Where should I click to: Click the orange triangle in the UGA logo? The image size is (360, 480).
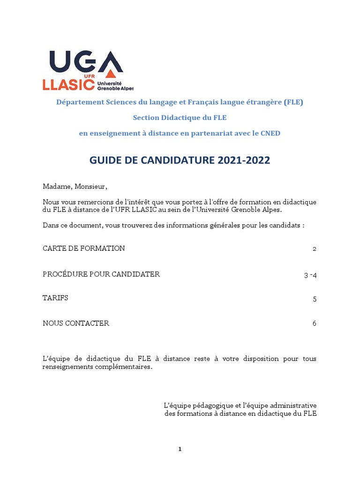coord(110,74)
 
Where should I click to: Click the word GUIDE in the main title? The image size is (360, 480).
coord(104,160)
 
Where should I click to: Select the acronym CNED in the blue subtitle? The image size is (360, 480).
coord(270,134)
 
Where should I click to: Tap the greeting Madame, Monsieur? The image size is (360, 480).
coord(75,187)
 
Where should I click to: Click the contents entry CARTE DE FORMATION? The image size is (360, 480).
coord(84,248)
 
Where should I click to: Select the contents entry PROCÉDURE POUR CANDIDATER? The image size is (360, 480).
coord(101,274)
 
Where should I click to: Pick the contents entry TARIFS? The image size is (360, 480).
coord(55,298)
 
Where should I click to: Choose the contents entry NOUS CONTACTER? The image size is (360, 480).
coord(76,323)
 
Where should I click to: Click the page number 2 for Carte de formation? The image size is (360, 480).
coord(315,249)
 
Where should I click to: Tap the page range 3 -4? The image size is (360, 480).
coord(310,275)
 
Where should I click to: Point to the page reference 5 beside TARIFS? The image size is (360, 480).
coord(315,299)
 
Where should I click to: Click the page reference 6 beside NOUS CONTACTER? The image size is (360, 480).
coord(315,323)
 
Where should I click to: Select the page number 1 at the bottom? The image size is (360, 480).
coord(180,449)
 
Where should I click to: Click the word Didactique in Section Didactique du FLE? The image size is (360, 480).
coord(181,118)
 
